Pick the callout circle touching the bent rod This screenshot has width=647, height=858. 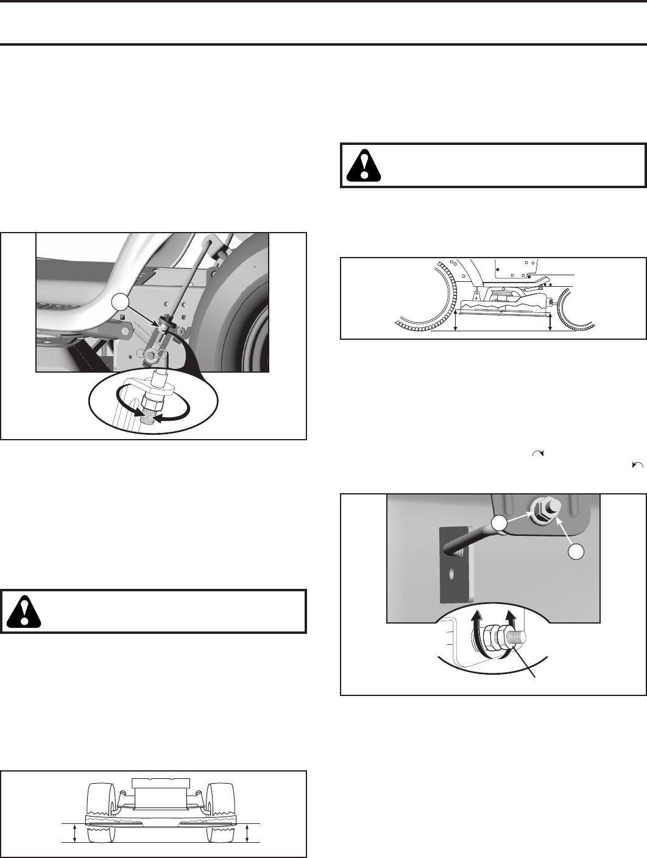(500, 523)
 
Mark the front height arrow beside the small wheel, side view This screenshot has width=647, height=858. (550, 321)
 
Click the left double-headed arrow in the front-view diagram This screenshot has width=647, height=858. (74, 832)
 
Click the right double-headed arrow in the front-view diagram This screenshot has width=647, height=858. (247, 832)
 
